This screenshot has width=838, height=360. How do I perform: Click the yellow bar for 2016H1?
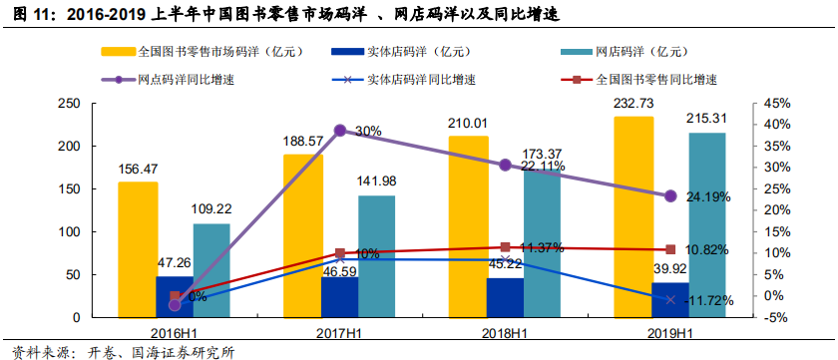(138, 249)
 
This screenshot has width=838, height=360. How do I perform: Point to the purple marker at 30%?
(339, 131)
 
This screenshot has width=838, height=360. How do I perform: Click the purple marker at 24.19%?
(670, 196)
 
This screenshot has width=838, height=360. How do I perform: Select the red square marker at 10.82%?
(670, 249)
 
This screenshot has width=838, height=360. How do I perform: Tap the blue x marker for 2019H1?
(670, 299)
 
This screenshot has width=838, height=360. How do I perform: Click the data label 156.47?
(138, 171)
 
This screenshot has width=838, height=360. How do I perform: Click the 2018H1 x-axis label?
(505, 332)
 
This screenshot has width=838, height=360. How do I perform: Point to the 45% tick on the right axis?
(774, 104)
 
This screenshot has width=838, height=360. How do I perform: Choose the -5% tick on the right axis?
(774, 317)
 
